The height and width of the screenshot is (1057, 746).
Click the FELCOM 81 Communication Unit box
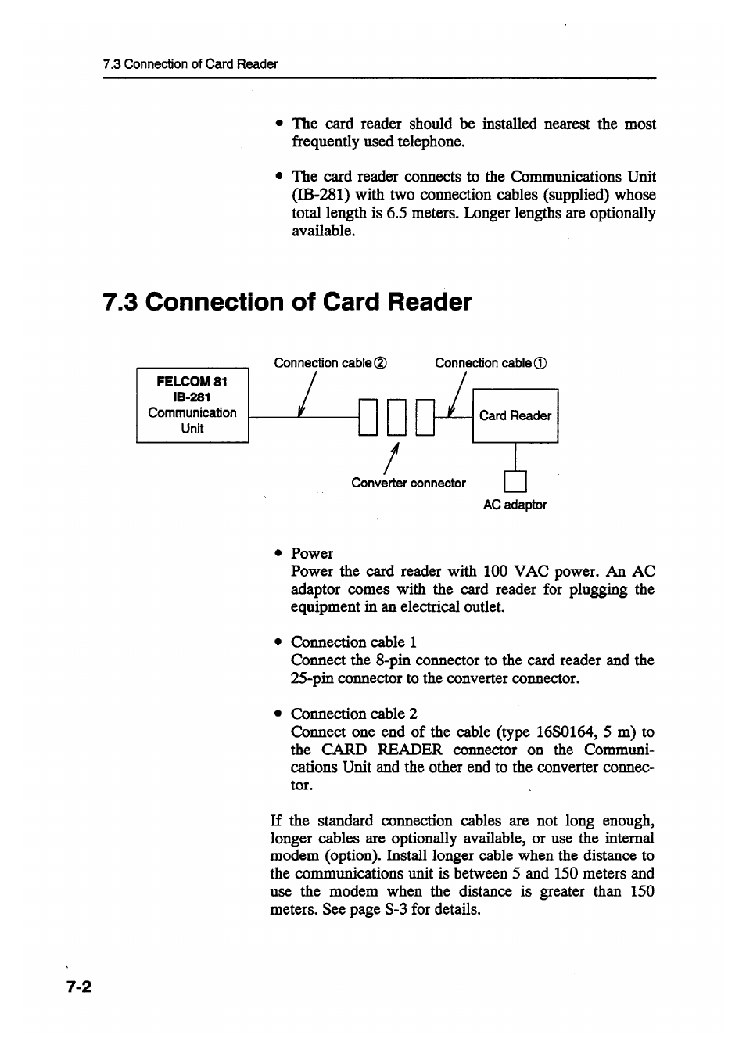click(192, 405)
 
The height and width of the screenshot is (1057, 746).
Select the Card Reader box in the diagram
click(515, 415)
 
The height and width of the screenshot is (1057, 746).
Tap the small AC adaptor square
click(515, 480)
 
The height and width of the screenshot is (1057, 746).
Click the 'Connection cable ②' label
click(330, 363)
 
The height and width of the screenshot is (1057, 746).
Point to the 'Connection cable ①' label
click(490, 363)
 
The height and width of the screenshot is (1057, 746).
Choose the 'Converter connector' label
click(408, 483)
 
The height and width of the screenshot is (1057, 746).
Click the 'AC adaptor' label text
click(515, 505)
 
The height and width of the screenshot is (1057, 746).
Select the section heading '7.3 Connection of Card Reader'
click(287, 302)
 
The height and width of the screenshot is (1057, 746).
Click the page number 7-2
click(79, 987)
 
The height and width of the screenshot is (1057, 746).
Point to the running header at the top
click(190, 64)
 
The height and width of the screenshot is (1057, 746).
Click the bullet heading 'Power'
click(312, 553)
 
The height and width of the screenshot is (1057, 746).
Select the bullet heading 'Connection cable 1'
click(353, 642)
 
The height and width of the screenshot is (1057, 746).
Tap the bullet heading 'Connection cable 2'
click(354, 714)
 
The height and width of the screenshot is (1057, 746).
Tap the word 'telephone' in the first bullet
click(429, 142)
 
